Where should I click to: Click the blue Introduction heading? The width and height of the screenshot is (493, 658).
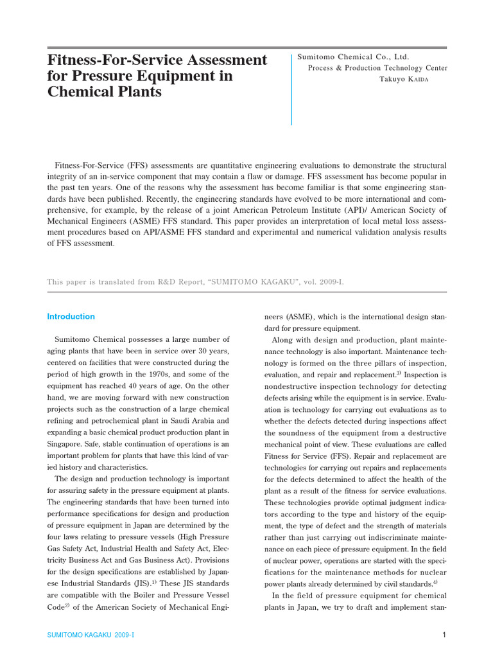tap(71, 317)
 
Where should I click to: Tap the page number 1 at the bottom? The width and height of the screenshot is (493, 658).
tap(444, 636)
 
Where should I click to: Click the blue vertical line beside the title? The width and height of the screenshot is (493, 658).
tap(291, 90)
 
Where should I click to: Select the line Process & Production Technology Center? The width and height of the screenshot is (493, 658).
tap(377, 68)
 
